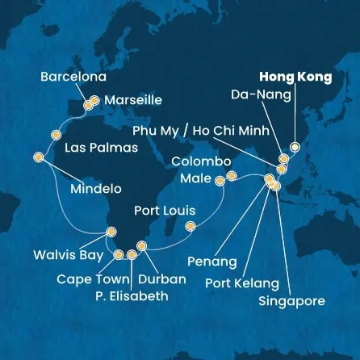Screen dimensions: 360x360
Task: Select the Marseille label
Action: point(132,101)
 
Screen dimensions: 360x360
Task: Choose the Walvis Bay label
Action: point(68,256)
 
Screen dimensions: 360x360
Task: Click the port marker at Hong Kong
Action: point(295,148)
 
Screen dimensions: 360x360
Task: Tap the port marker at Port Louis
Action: point(190,226)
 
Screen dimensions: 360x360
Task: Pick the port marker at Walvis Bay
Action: point(111,234)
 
